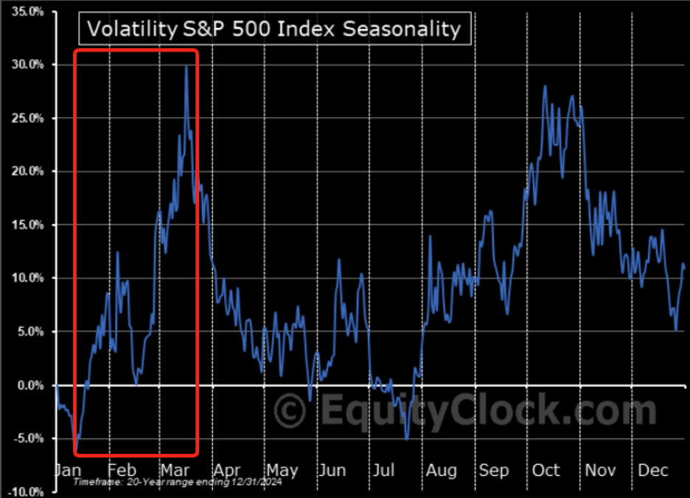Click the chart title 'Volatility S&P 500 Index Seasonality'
273,29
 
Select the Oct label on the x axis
546,471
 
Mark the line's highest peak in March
186,66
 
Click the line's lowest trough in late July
406,440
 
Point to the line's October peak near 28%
545,86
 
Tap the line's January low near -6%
77,452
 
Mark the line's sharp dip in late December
676,330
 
